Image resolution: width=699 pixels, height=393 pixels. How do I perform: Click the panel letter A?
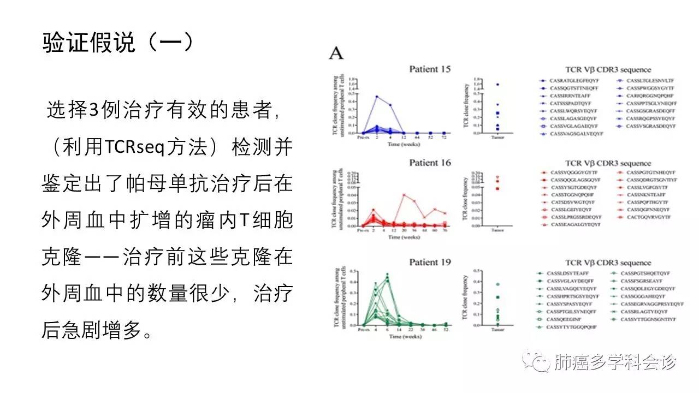[x=335, y=53]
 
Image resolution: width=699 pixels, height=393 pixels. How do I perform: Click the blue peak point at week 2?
[x=377, y=97]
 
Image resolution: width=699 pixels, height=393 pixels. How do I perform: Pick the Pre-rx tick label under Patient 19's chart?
[x=363, y=330]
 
